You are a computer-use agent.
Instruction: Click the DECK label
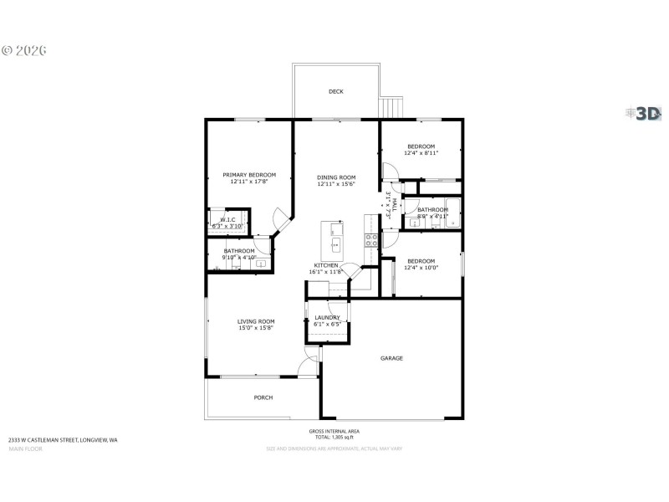click(335, 91)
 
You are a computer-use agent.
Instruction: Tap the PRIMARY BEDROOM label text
click(249, 175)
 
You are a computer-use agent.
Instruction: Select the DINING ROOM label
click(336, 177)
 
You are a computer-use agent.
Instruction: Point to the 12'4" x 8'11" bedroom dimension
click(421, 153)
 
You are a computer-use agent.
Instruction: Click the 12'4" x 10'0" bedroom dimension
click(421, 268)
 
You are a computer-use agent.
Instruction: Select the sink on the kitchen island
click(335, 245)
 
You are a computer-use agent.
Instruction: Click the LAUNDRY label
click(327, 317)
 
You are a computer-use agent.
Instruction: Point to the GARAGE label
click(391, 358)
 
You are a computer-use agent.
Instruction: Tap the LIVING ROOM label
click(256, 321)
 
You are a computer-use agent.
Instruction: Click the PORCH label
click(263, 397)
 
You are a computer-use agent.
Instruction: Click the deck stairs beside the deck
click(391, 108)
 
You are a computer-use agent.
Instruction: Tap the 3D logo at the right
click(645, 114)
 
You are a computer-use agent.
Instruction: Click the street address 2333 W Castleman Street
click(63, 439)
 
